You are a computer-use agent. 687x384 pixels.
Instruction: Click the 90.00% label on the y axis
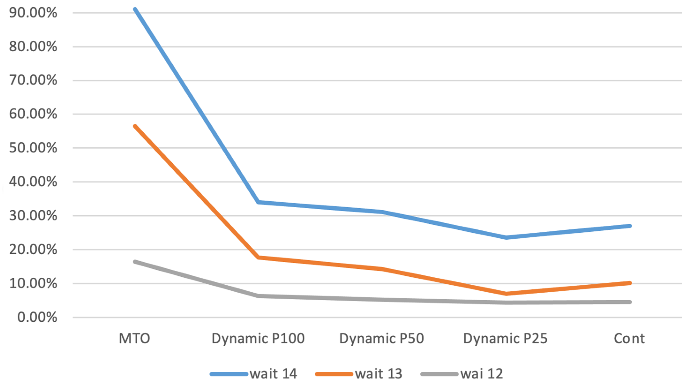click(33, 13)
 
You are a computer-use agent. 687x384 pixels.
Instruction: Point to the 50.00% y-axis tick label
click(33, 148)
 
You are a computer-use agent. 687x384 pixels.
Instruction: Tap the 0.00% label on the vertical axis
click(37, 317)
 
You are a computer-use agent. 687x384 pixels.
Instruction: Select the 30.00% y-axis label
click(33, 216)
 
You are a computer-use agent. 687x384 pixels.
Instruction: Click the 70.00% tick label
click(33, 80)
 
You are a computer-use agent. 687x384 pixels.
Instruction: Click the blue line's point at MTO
click(135, 10)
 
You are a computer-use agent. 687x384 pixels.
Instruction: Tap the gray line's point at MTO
click(135, 262)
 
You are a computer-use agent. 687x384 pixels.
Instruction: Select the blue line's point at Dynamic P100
click(258, 202)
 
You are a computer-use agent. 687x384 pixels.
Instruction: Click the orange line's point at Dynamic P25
click(506, 294)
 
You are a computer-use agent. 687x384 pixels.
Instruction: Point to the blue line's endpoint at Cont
click(629, 226)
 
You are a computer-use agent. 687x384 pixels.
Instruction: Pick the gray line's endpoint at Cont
click(629, 302)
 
